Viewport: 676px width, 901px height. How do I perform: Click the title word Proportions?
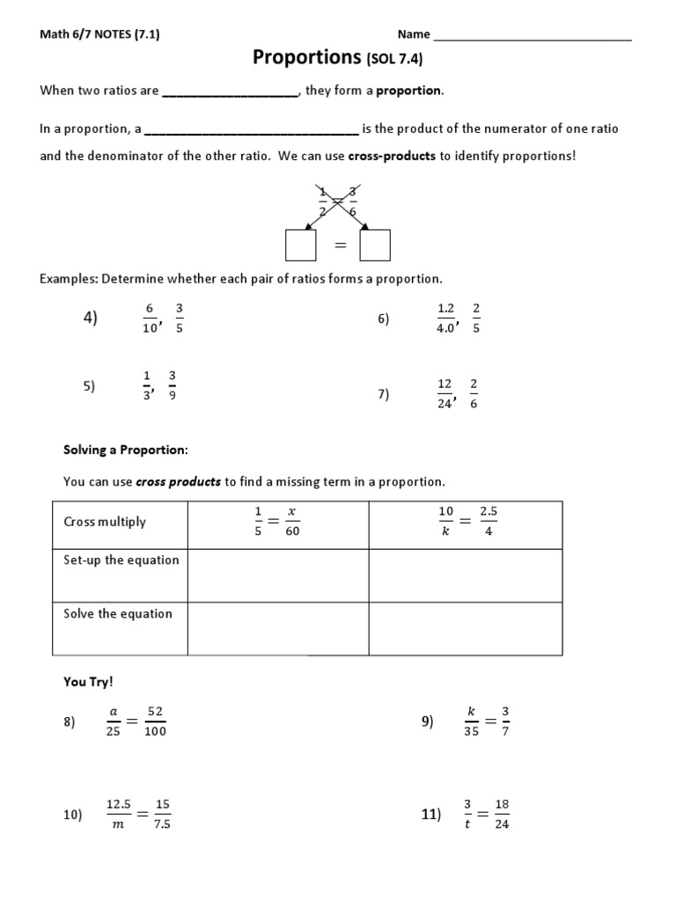302,58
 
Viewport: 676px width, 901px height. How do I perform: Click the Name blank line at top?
533,36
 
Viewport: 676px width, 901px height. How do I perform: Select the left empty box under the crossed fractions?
300,245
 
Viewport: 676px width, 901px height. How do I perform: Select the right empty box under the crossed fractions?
375,245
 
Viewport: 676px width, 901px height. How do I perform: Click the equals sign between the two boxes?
338,246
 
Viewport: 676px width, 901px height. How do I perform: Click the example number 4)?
91,318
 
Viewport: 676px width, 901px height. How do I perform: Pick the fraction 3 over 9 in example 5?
173,385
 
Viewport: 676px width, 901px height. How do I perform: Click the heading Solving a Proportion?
126,450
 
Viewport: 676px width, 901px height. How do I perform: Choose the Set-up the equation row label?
121,560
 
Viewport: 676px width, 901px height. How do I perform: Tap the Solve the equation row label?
118,613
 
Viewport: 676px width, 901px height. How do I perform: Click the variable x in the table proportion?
292,511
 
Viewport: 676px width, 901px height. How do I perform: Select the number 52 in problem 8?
157,711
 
